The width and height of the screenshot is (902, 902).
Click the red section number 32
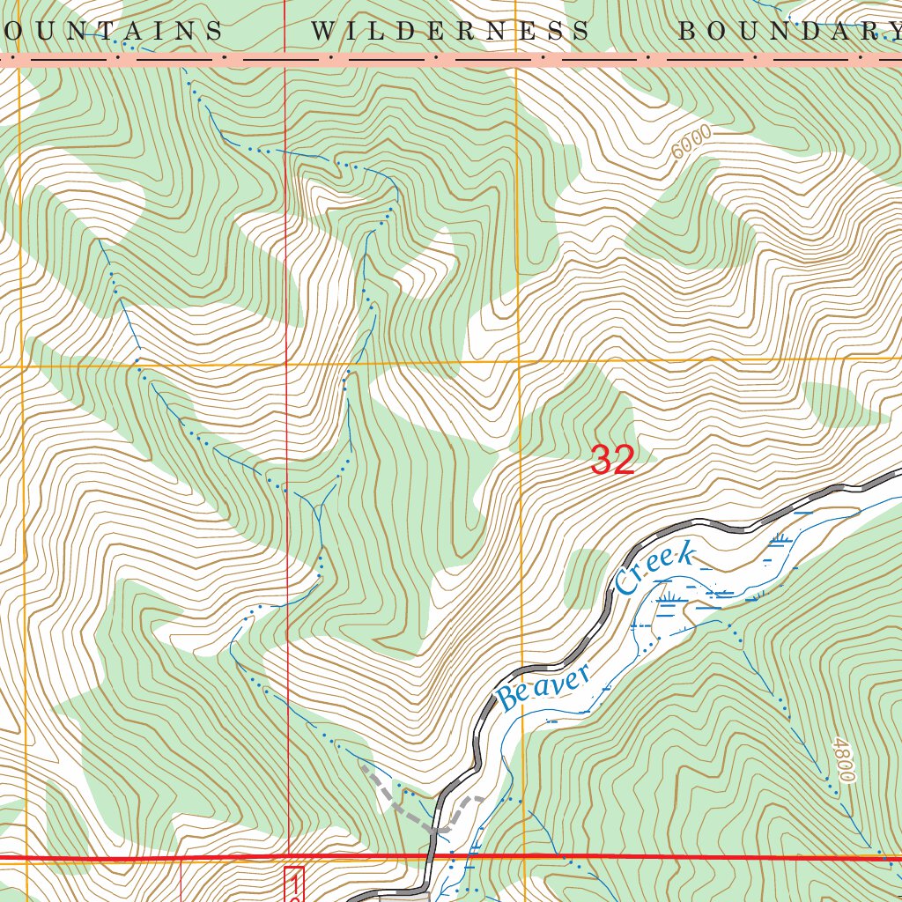point(612,460)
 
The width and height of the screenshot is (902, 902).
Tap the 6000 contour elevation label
point(690,142)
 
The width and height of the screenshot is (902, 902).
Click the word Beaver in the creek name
point(544,689)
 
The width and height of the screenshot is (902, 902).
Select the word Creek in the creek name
point(656,569)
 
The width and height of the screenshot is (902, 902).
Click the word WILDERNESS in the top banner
point(449,32)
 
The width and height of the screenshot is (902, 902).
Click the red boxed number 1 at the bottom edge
point(294,884)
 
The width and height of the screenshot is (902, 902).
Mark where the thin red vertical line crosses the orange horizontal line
point(286,362)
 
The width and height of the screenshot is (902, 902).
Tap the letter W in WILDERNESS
point(323,32)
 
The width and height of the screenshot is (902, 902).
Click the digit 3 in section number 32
point(602,460)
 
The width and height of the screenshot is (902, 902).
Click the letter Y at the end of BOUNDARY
point(891,32)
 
